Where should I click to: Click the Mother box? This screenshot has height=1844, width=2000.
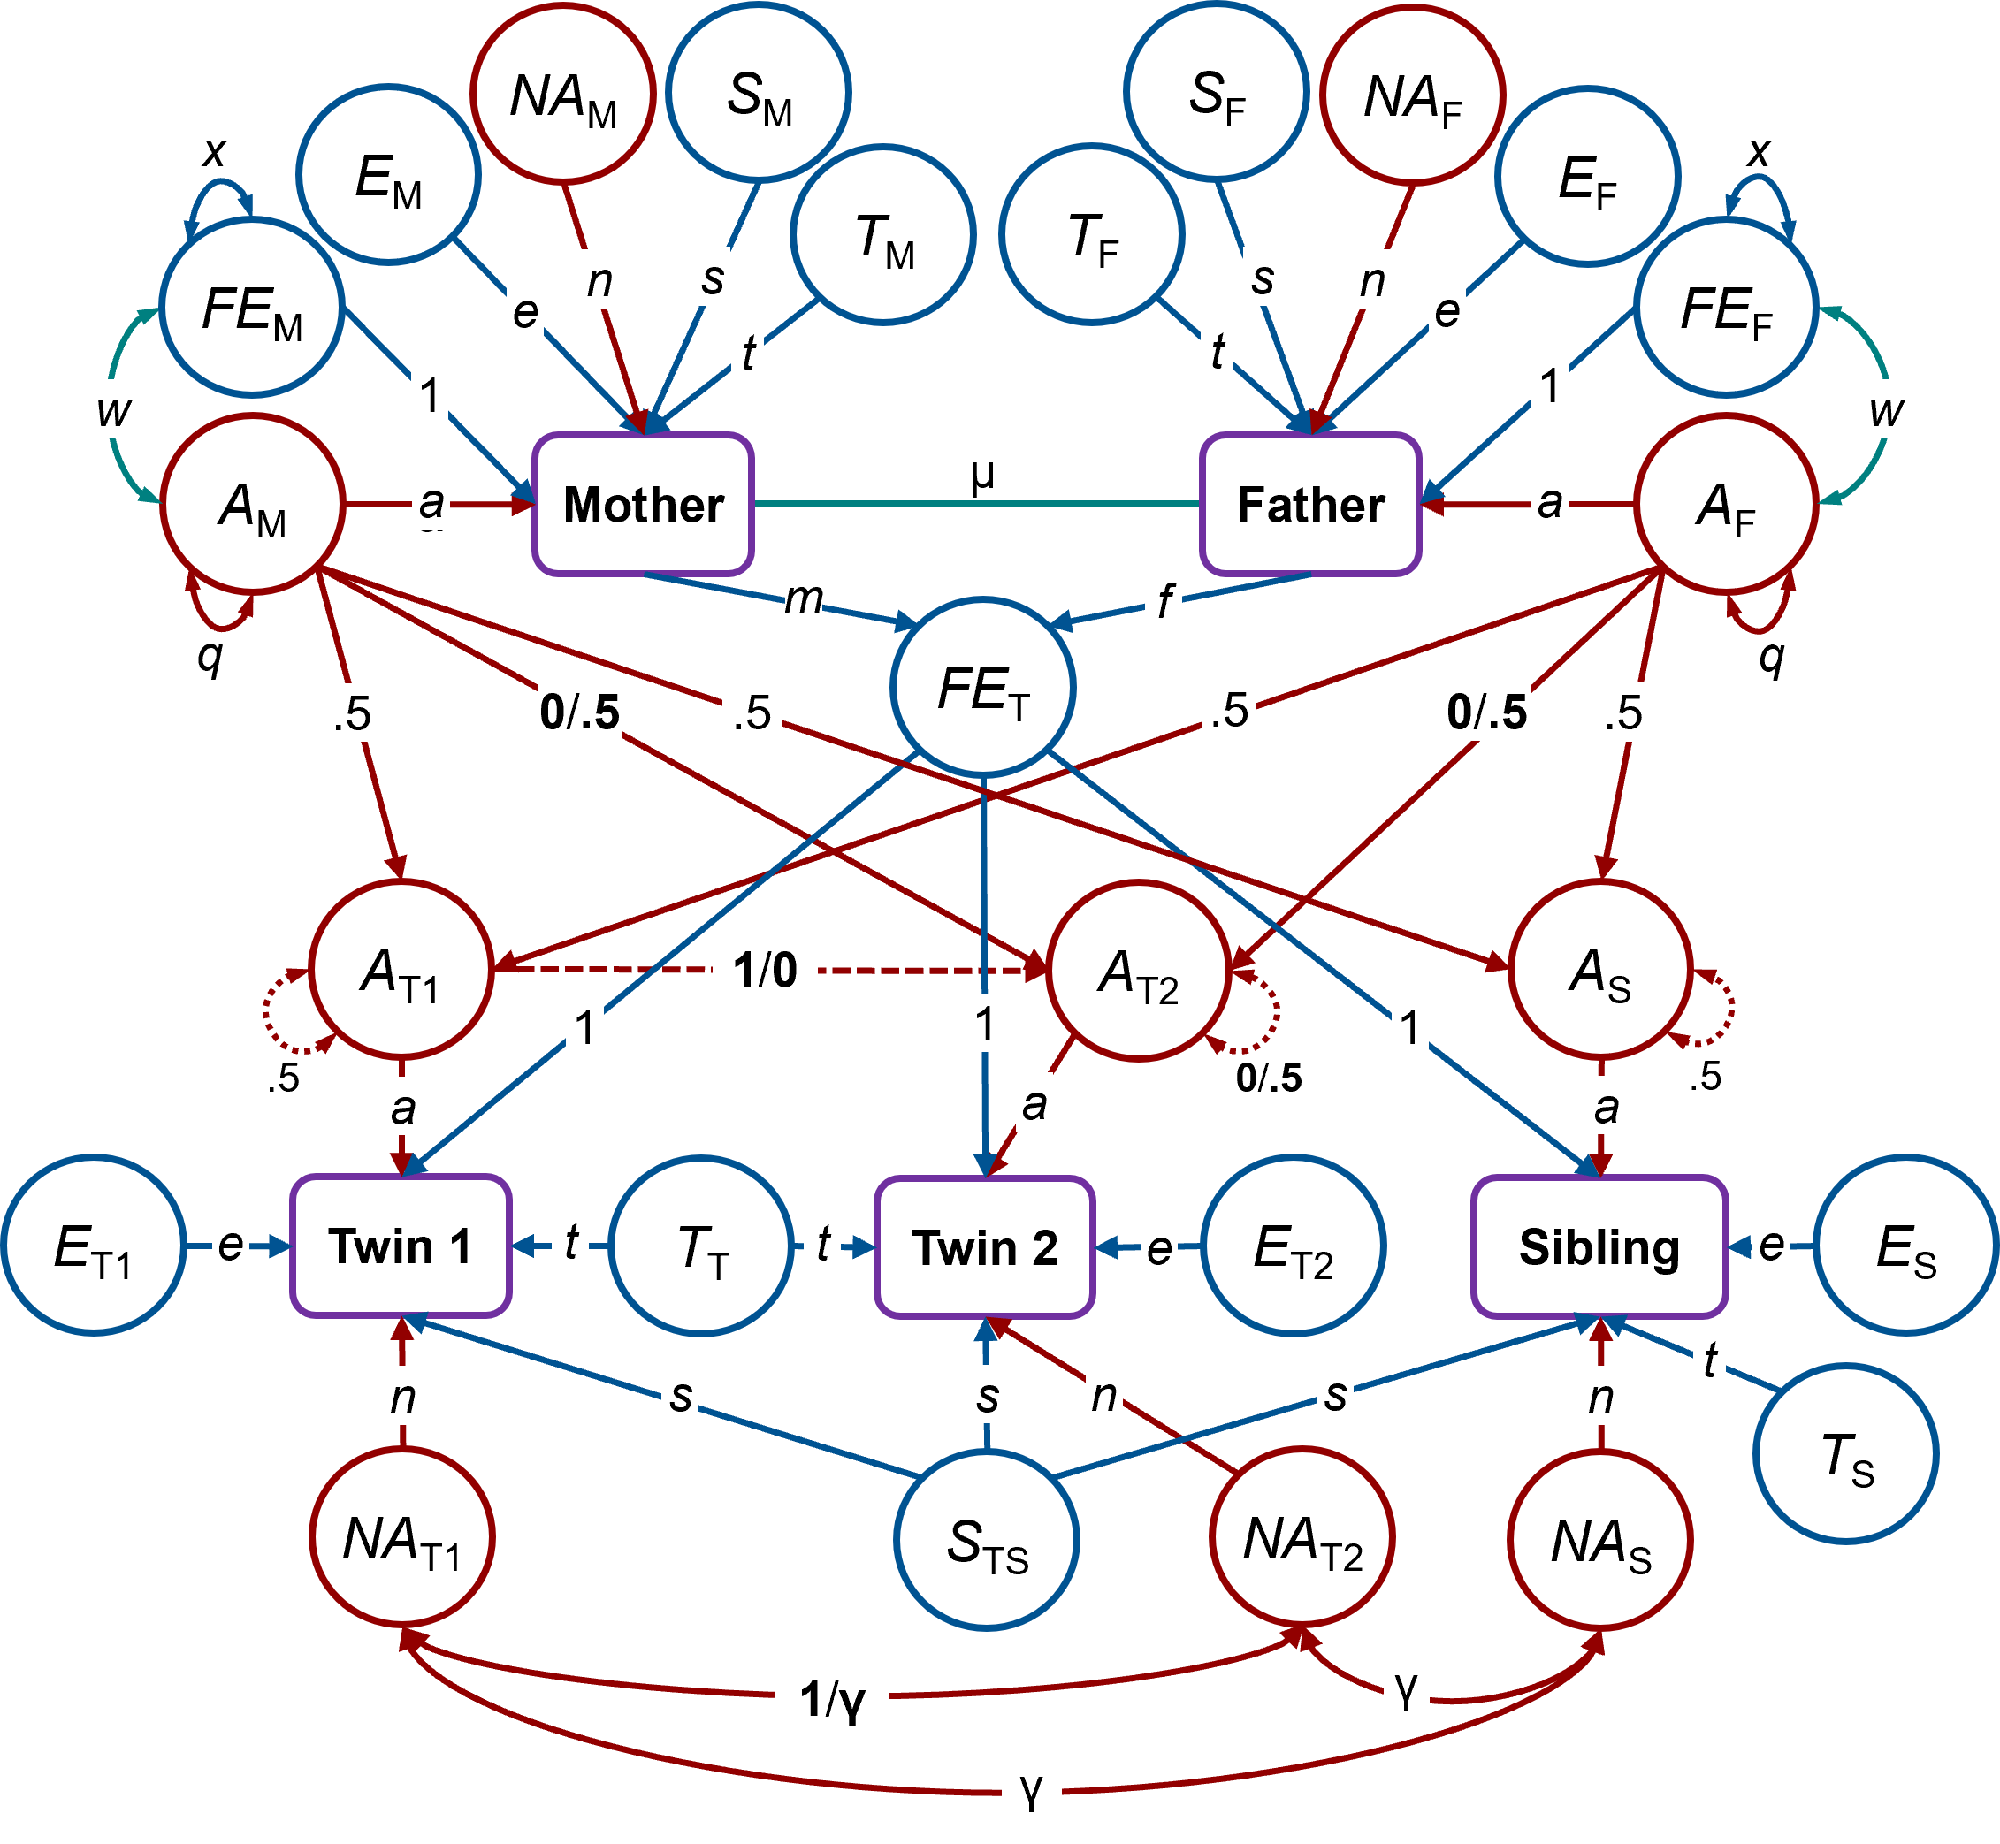(644, 504)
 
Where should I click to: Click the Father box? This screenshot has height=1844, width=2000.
(1310, 504)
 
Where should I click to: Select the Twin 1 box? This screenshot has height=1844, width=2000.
(401, 1246)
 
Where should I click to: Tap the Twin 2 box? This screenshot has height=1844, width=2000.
(984, 1247)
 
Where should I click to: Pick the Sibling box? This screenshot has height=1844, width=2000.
(1599, 1247)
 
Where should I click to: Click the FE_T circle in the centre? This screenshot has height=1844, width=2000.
(983, 688)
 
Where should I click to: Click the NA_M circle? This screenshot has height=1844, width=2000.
(563, 94)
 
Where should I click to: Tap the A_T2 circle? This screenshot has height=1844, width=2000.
(1138, 970)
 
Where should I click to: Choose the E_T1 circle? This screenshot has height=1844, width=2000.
(94, 1246)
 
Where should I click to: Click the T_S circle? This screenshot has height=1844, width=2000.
(1846, 1454)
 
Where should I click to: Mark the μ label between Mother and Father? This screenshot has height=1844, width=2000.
(983, 472)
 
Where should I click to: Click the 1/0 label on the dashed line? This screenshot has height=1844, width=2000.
(765, 969)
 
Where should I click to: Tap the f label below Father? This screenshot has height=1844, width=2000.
(1164, 599)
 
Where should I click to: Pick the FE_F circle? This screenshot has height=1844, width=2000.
(1726, 307)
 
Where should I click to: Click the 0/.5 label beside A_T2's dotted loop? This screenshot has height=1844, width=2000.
(1269, 1077)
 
